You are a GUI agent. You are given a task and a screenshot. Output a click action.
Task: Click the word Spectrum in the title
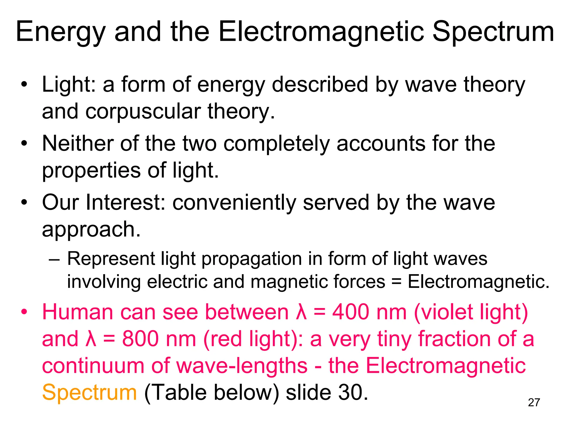pyautogui.click(x=493, y=32)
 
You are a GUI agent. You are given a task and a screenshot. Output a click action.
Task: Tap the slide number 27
pyautogui.click(x=534, y=403)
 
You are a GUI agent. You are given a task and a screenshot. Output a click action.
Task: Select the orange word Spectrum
pyautogui.click(x=89, y=392)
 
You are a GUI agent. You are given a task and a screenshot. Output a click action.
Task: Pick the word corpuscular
pyautogui.click(x=143, y=111)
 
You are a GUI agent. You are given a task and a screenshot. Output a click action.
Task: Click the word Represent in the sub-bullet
pyautogui.click(x=111, y=258)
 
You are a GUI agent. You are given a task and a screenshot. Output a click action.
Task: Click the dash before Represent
pyautogui.click(x=54, y=259)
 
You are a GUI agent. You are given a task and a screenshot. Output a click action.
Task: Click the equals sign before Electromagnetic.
pyautogui.click(x=396, y=282)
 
